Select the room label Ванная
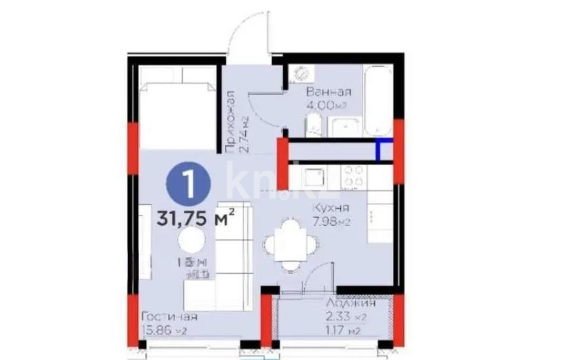[329, 92]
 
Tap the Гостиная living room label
[169, 317]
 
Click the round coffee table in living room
[191, 241]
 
